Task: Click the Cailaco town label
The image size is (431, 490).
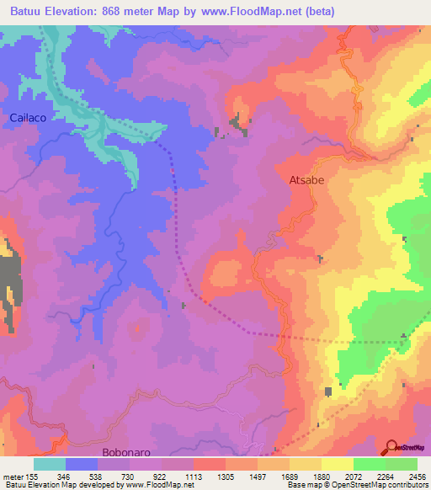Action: (26, 119)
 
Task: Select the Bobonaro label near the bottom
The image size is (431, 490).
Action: (126, 452)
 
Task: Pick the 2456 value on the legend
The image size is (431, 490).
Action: (407, 476)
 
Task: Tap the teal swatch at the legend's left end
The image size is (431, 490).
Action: (49, 464)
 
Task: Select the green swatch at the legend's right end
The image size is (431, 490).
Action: (401, 464)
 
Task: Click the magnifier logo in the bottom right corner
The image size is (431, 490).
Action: (391, 445)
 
